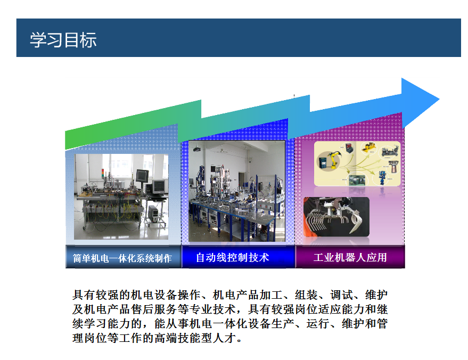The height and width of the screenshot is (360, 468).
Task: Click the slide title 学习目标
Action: point(63,40)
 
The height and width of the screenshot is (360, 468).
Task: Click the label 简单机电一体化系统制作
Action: point(122,258)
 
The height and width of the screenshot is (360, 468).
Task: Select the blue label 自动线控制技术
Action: point(233,257)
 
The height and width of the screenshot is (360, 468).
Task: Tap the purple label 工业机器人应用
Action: point(350,257)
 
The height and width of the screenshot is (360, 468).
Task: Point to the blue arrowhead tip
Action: point(439,100)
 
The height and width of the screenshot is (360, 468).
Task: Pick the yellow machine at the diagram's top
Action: point(368,147)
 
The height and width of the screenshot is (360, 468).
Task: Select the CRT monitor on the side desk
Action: point(159,186)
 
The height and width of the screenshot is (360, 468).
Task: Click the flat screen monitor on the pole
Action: point(142,176)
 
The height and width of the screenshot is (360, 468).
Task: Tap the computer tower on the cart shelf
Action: point(153,214)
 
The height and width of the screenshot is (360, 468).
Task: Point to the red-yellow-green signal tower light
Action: point(103,173)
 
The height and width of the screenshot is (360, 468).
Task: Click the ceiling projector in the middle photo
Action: point(197,149)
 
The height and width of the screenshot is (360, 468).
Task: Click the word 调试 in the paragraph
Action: point(341,295)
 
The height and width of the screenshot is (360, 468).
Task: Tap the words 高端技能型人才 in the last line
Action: point(201,338)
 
